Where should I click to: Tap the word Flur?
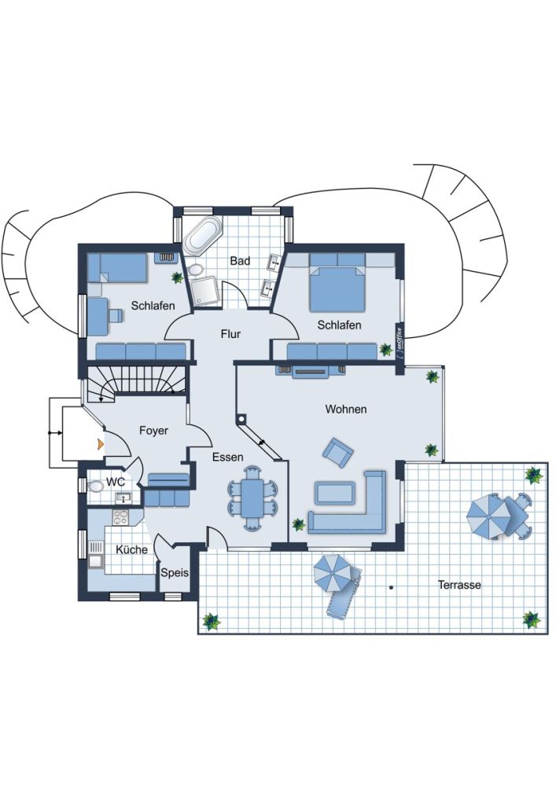click(230, 334)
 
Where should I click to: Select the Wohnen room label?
click(346, 410)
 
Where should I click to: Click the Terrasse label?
click(459, 585)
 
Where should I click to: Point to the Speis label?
click(175, 573)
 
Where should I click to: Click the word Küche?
click(131, 550)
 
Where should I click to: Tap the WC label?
click(116, 481)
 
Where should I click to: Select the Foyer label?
click(154, 431)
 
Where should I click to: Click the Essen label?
click(227, 457)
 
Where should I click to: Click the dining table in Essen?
click(253, 498)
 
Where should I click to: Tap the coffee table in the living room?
click(334, 493)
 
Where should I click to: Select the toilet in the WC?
click(95, 487)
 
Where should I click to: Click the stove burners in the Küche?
click(121, 516)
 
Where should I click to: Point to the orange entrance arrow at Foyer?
click(99, 444)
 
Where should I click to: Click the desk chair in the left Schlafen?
click(116, 315)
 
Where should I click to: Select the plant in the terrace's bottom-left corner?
click(211, 621)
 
